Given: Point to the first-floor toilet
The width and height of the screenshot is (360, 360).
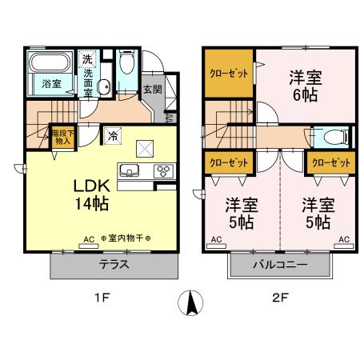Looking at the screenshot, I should pyautogui.click(x=126, y=66).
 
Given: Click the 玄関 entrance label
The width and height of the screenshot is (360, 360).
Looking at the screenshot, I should pyautogui.click(x=153, y=90).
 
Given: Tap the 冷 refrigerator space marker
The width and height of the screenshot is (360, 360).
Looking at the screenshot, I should pyautogui.click(x=114, y=135).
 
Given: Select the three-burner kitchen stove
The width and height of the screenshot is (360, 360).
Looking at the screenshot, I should pyautogui.click(x=162, y=170).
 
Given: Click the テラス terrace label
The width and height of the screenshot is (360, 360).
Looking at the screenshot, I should pyautogui.click(x=114, y=265).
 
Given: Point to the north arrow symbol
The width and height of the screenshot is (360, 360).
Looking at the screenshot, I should pyautogui.click(x=190, y=302).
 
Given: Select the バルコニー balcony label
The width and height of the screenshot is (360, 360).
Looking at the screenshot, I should pyautogui.click(x=280, y=265).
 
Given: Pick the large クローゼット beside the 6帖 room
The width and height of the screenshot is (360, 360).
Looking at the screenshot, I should pyautogui.click(x=227, y=73).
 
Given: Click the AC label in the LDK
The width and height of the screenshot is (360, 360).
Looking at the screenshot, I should pyautogui.click(x=89, y=239).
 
